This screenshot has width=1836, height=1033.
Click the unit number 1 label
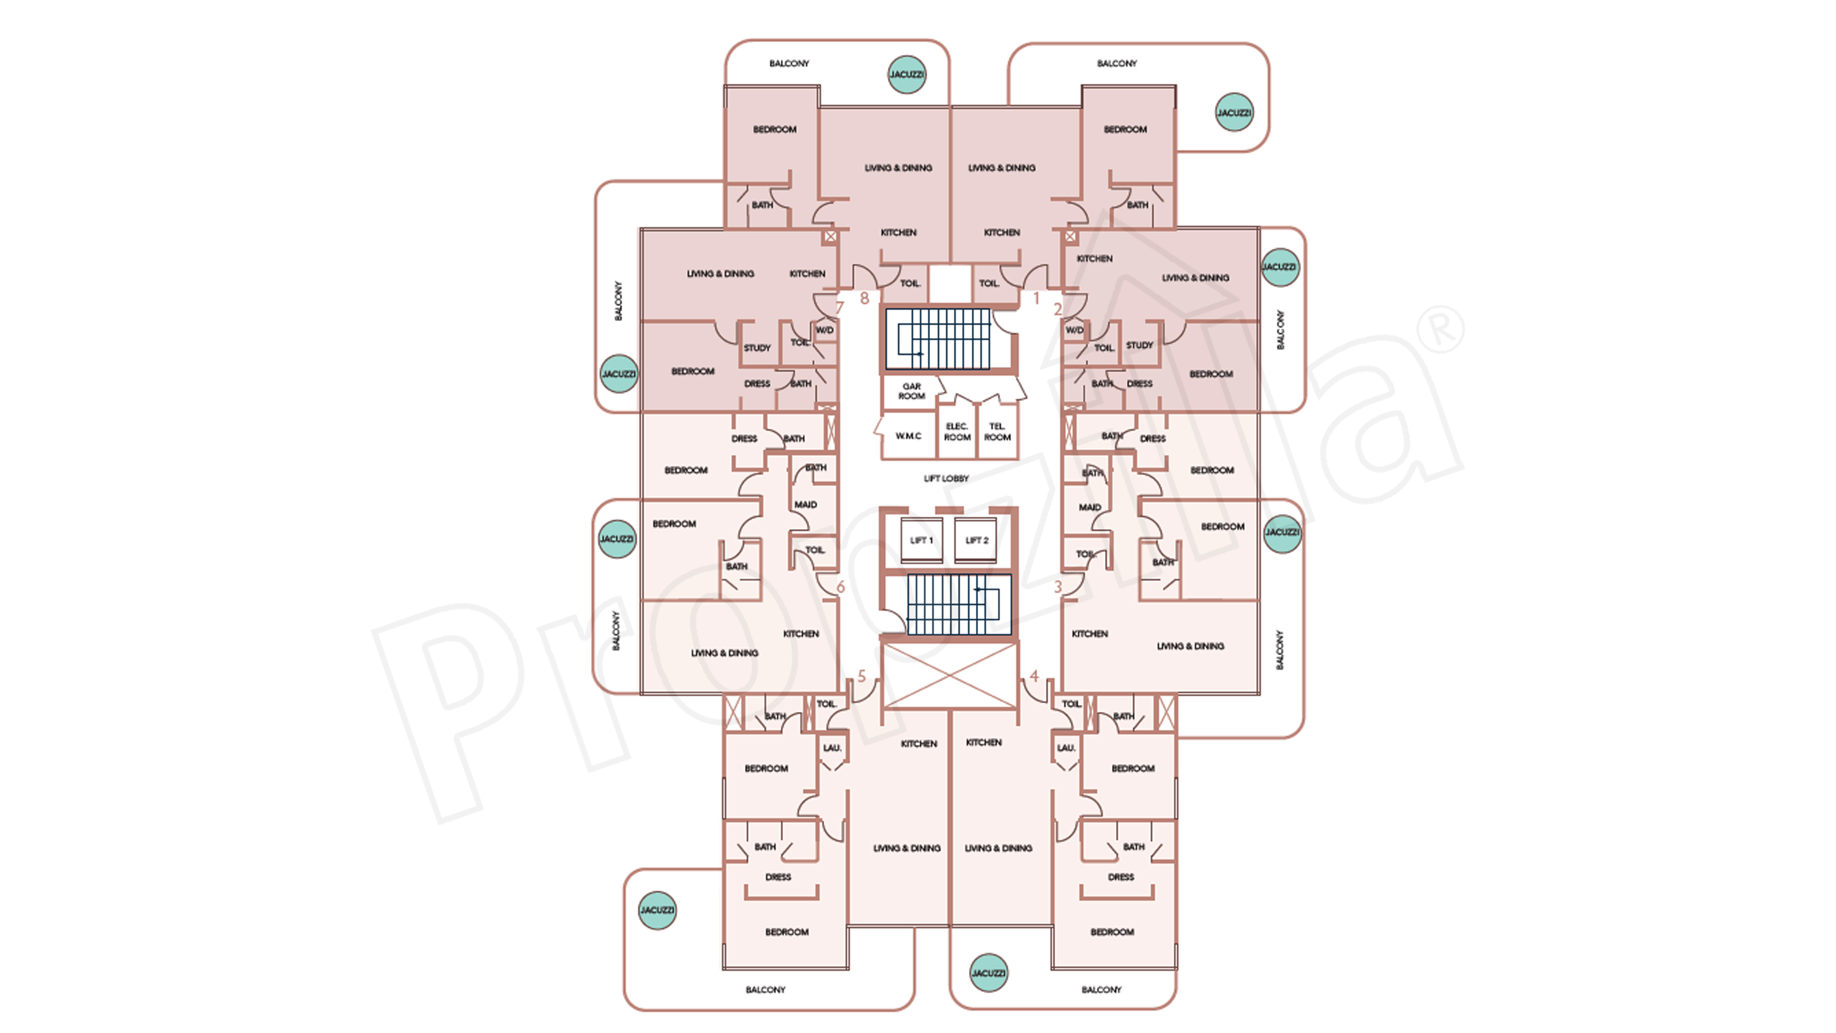[x=1036, y=299]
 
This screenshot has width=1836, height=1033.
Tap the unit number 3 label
[x=1058, y=587]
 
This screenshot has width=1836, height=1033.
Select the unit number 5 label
[x=862, y=676]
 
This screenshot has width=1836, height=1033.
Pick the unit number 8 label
[x=865, y=299]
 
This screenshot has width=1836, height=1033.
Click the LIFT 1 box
[x=921, y=540]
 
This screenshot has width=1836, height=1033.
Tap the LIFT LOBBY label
[x=946, y=478]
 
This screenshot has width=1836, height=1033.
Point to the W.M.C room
[x=908, y=436]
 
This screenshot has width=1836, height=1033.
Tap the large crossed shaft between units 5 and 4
[x=949, y=676]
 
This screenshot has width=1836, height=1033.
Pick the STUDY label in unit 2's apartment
[x=1139, y=345]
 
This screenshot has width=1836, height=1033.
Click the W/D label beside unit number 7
[x=825, y=330]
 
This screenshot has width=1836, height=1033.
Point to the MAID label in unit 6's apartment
[x=805, y=505]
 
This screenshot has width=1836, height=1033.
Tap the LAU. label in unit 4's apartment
[x=1066, y=748]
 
